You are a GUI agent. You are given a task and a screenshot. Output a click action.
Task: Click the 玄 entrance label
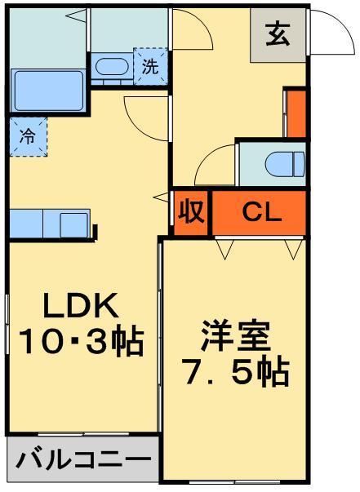278,36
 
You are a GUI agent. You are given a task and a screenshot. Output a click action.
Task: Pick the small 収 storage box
191,213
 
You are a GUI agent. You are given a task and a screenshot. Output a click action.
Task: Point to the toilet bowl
284,164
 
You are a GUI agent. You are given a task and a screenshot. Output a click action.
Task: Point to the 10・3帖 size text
82,341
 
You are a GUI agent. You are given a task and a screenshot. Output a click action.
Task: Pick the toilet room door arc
214,166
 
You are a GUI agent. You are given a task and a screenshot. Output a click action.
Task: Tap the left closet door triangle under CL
224,248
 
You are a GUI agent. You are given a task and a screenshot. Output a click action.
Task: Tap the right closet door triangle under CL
292,248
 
